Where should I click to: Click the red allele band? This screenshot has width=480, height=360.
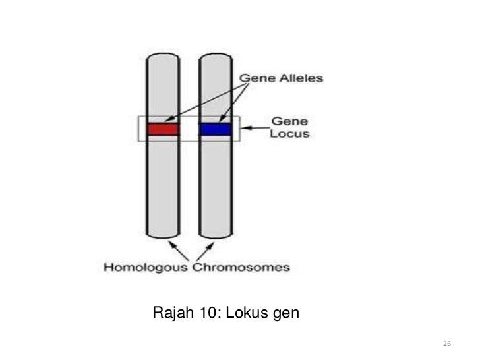163,129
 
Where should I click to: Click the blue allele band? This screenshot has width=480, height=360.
216,129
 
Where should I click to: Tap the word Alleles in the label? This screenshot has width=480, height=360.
300,78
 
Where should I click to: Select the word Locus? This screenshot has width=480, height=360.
290,134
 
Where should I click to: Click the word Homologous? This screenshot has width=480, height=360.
146,268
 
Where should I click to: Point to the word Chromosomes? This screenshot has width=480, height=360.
241,268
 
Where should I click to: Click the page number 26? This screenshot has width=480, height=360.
446,345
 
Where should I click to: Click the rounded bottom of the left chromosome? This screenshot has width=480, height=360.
163,235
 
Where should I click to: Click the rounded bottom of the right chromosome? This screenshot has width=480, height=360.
216,235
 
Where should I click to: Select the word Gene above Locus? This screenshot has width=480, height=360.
285,121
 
